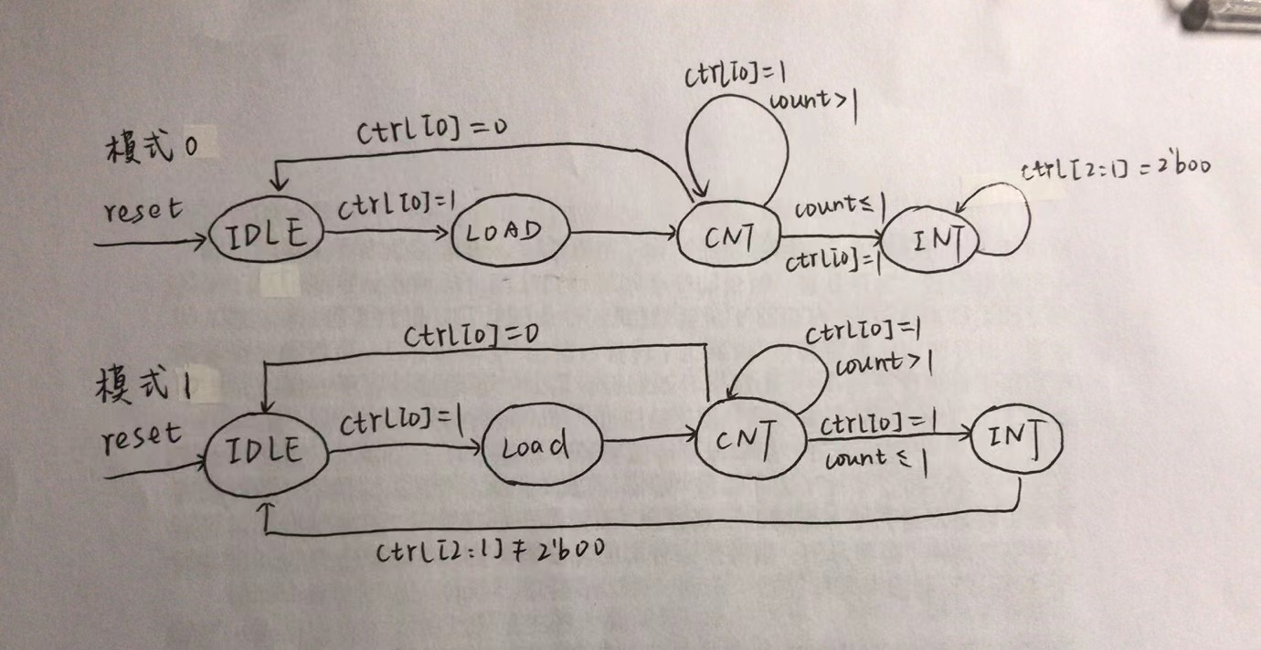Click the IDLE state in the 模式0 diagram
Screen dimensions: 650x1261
click(266, 235)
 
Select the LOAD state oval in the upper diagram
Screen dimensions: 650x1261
click(510, 232)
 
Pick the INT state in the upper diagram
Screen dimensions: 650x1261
click(930, 240)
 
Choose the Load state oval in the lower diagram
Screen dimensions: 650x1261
click(542, 446)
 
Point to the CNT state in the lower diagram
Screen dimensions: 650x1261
click(750, 441)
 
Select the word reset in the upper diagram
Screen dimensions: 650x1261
click(143, 211)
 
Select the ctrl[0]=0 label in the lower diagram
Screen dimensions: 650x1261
click(472, 338)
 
